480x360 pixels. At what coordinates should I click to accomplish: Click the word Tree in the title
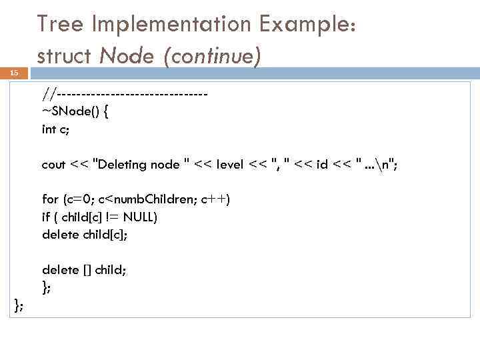coord(61,25)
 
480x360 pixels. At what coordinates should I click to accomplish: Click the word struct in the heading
coord(65,55)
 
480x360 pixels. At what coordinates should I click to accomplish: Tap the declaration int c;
coord(55,129)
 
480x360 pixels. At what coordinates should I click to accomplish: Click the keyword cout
coord(53,164)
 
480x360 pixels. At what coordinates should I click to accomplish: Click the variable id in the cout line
coord(322,164)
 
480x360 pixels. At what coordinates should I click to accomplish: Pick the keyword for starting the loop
coord(50,199)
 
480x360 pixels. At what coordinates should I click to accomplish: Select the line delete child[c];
coord(85,234)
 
